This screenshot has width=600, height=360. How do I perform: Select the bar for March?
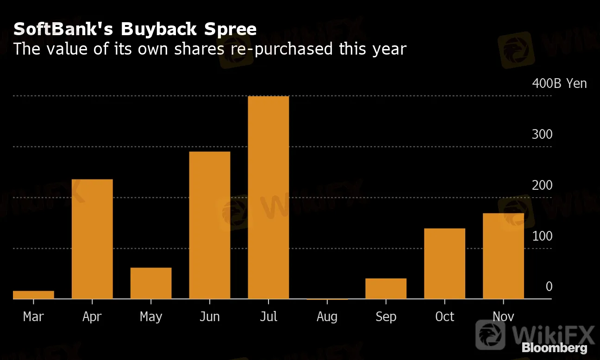click(33, 295)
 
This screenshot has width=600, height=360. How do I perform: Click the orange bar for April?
click(92, 239)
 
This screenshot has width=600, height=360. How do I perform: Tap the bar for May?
click(151, 283)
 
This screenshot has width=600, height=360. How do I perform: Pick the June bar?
click(210, 225)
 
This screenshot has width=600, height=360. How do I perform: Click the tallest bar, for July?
click(269, 198)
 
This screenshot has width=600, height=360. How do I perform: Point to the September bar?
click(386, 288)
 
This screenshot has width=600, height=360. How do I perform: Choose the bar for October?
click(444, 264)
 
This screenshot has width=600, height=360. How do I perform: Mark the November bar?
click(503, 256)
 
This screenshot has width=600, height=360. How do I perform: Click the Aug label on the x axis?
click(327, 317)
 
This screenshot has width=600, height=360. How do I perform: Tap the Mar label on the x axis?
click(33, 317)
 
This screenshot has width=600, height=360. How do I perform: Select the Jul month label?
click(269, 317)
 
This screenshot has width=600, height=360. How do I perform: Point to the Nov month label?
click(503, 317)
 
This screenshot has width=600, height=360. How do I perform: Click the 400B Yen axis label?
click(559, 84)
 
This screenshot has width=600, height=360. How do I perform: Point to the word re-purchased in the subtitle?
click(282, 49)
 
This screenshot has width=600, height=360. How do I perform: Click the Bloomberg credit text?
click(554, 348)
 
